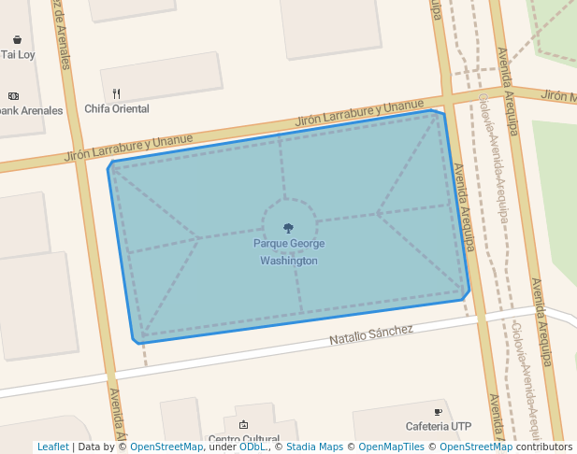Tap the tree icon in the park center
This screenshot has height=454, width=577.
click(x=288, y=228)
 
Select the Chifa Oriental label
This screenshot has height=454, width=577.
click(x=117, y=109)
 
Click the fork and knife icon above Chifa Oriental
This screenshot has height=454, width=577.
click(x=117, y=93)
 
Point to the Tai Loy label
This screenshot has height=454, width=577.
click(x=18, y=55)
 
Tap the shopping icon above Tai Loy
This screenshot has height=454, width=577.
click(x=18, y=39)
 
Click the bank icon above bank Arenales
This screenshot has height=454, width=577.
click(x=13, y=95)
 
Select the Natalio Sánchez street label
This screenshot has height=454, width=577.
click(x=371, y=333)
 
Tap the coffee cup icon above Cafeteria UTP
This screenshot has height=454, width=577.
click(x=438, y=412)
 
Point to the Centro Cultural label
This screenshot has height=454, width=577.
click(x=244, y=439)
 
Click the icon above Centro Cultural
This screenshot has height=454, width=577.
click(x=244, y=424)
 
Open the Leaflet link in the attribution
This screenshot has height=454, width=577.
click(x=52, y=447)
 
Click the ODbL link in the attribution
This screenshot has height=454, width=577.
click(x=252, y=447)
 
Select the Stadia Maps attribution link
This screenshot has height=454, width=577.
click(x=314, y=447)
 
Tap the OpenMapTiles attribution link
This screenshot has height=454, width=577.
click(x=393, y=447)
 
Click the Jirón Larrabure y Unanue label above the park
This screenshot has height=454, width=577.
click(x=359, y=113)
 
